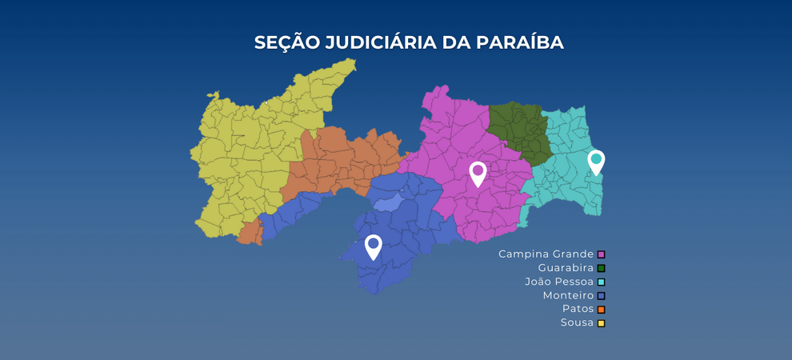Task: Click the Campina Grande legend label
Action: pyautogui.click(x=546, y=254)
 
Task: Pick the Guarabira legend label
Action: pyautogui.click(x=566, y=268)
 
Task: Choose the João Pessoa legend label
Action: pyautogui.click(x=559, y=282)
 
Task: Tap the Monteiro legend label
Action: pyautogui.click(x=568, y=295)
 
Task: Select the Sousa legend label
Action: pyautogui.click(x=577, y=322)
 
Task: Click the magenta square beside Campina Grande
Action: pyautogui.click(x=601, y=254)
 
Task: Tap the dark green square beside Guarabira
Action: pyautogui.click(x=601, y=268)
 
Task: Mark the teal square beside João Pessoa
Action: pyautogui.click(x=601, y=282)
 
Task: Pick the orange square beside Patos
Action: pyautogui.click(x=601, y=310)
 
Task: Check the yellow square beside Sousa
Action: pyautogui.click(x=601, y=323)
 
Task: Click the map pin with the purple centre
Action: pyautogui.click(x=478, y=172)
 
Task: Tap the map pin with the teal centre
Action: pyautogui.click(x=596, y=160)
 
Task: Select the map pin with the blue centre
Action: pyautogui.click(x=373, y=245)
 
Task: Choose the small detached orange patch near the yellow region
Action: pyautogui.click(x=250, y=233)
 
